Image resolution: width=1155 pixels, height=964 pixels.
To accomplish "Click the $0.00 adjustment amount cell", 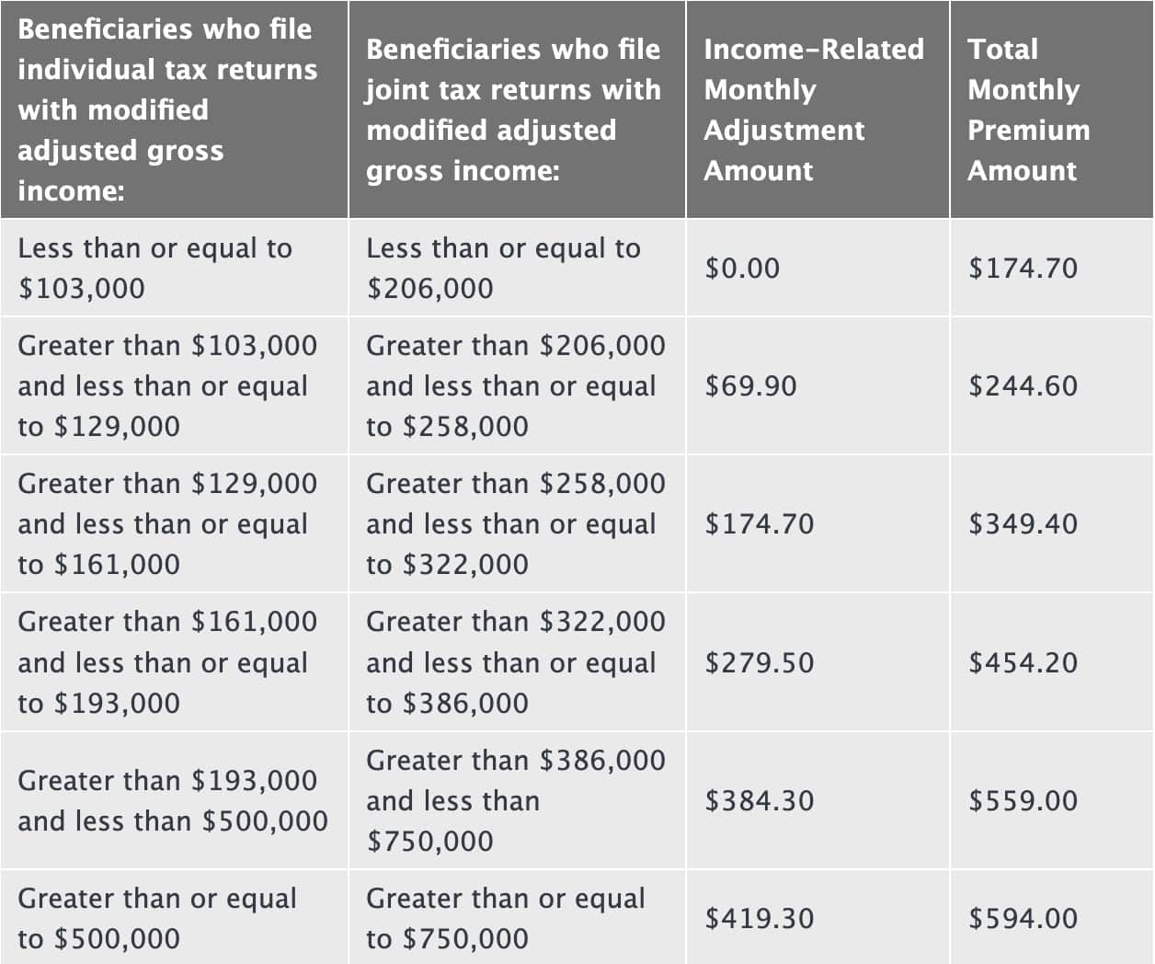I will pyautogui.click(x=742, y=268).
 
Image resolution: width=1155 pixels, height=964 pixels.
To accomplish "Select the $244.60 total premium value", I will pyautogui.click(x=1023, y=385).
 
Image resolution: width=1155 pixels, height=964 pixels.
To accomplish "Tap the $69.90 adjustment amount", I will pyautogui.click(x=750, y=385).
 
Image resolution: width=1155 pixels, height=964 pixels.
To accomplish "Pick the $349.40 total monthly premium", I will pyautogui.click(x=1023, y=523).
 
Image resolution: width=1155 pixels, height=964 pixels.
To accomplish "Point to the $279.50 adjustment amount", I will pyautogui.click(x=759, y=662).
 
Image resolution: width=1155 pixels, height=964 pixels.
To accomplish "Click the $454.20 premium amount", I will pyautogui.click(x=1023, y=662).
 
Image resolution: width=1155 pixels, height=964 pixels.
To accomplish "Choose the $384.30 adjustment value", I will pyautogui.click(x=759, y=800).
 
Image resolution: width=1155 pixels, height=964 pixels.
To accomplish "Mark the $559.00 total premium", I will pyautogui.click(x=1023, y=800).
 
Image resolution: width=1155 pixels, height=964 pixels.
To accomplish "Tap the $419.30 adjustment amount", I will pyautogui.click(x=759, y=918).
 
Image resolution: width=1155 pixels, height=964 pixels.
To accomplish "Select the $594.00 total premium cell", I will pyautogui.click(x=1023, y=918).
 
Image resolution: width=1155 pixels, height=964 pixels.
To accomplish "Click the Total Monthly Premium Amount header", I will pyautogui.click(x=1028, y=109).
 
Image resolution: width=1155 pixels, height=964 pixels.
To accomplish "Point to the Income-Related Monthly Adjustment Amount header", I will pyautogui.click(x=813, y=109).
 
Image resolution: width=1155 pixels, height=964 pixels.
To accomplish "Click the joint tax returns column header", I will pyautogui.click(x=513, y=109).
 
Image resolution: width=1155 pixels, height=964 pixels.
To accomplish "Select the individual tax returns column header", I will pyautogui.click(x=167, y=109).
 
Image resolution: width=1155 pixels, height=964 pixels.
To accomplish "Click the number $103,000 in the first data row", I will pyautogui.click(x=82, y=289).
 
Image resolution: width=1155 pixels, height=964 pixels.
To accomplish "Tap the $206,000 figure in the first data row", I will pyautogui.click(x=429, y=289).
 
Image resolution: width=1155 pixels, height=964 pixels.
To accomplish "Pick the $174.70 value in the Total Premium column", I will pyautogui.click(x=1023, y=268).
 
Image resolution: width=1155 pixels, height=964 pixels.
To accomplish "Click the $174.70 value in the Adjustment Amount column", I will pyautogui.click(x=759, y=523).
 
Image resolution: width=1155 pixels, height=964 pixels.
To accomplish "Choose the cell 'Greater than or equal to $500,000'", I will pyautogui.click(x=157, y=918).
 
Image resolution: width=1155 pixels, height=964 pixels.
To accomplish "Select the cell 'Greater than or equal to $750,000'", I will pyautogui.click(x=506, y=918).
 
